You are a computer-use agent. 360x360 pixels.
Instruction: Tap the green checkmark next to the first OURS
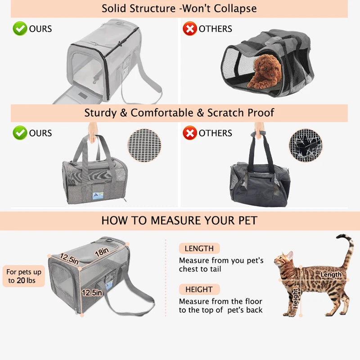[x=20, y=29]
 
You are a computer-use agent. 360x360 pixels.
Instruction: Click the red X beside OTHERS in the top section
[x=189, y=29]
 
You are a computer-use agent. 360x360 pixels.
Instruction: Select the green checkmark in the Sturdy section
[x=20, y=133]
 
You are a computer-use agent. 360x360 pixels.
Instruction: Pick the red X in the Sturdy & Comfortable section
[x=189, y=133]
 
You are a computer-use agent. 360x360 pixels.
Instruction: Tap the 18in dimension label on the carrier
[x=102, y=252]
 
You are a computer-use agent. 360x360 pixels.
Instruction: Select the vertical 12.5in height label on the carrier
[x=92, y=292]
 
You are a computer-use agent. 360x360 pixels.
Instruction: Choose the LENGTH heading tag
[x=199, y=248]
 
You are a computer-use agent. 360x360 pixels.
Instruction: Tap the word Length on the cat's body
[x=331, y=274]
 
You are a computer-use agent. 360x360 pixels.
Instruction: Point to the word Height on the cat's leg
[x=295, y=298]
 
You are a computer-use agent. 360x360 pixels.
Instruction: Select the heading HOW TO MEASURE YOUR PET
[x=179, y=220]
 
